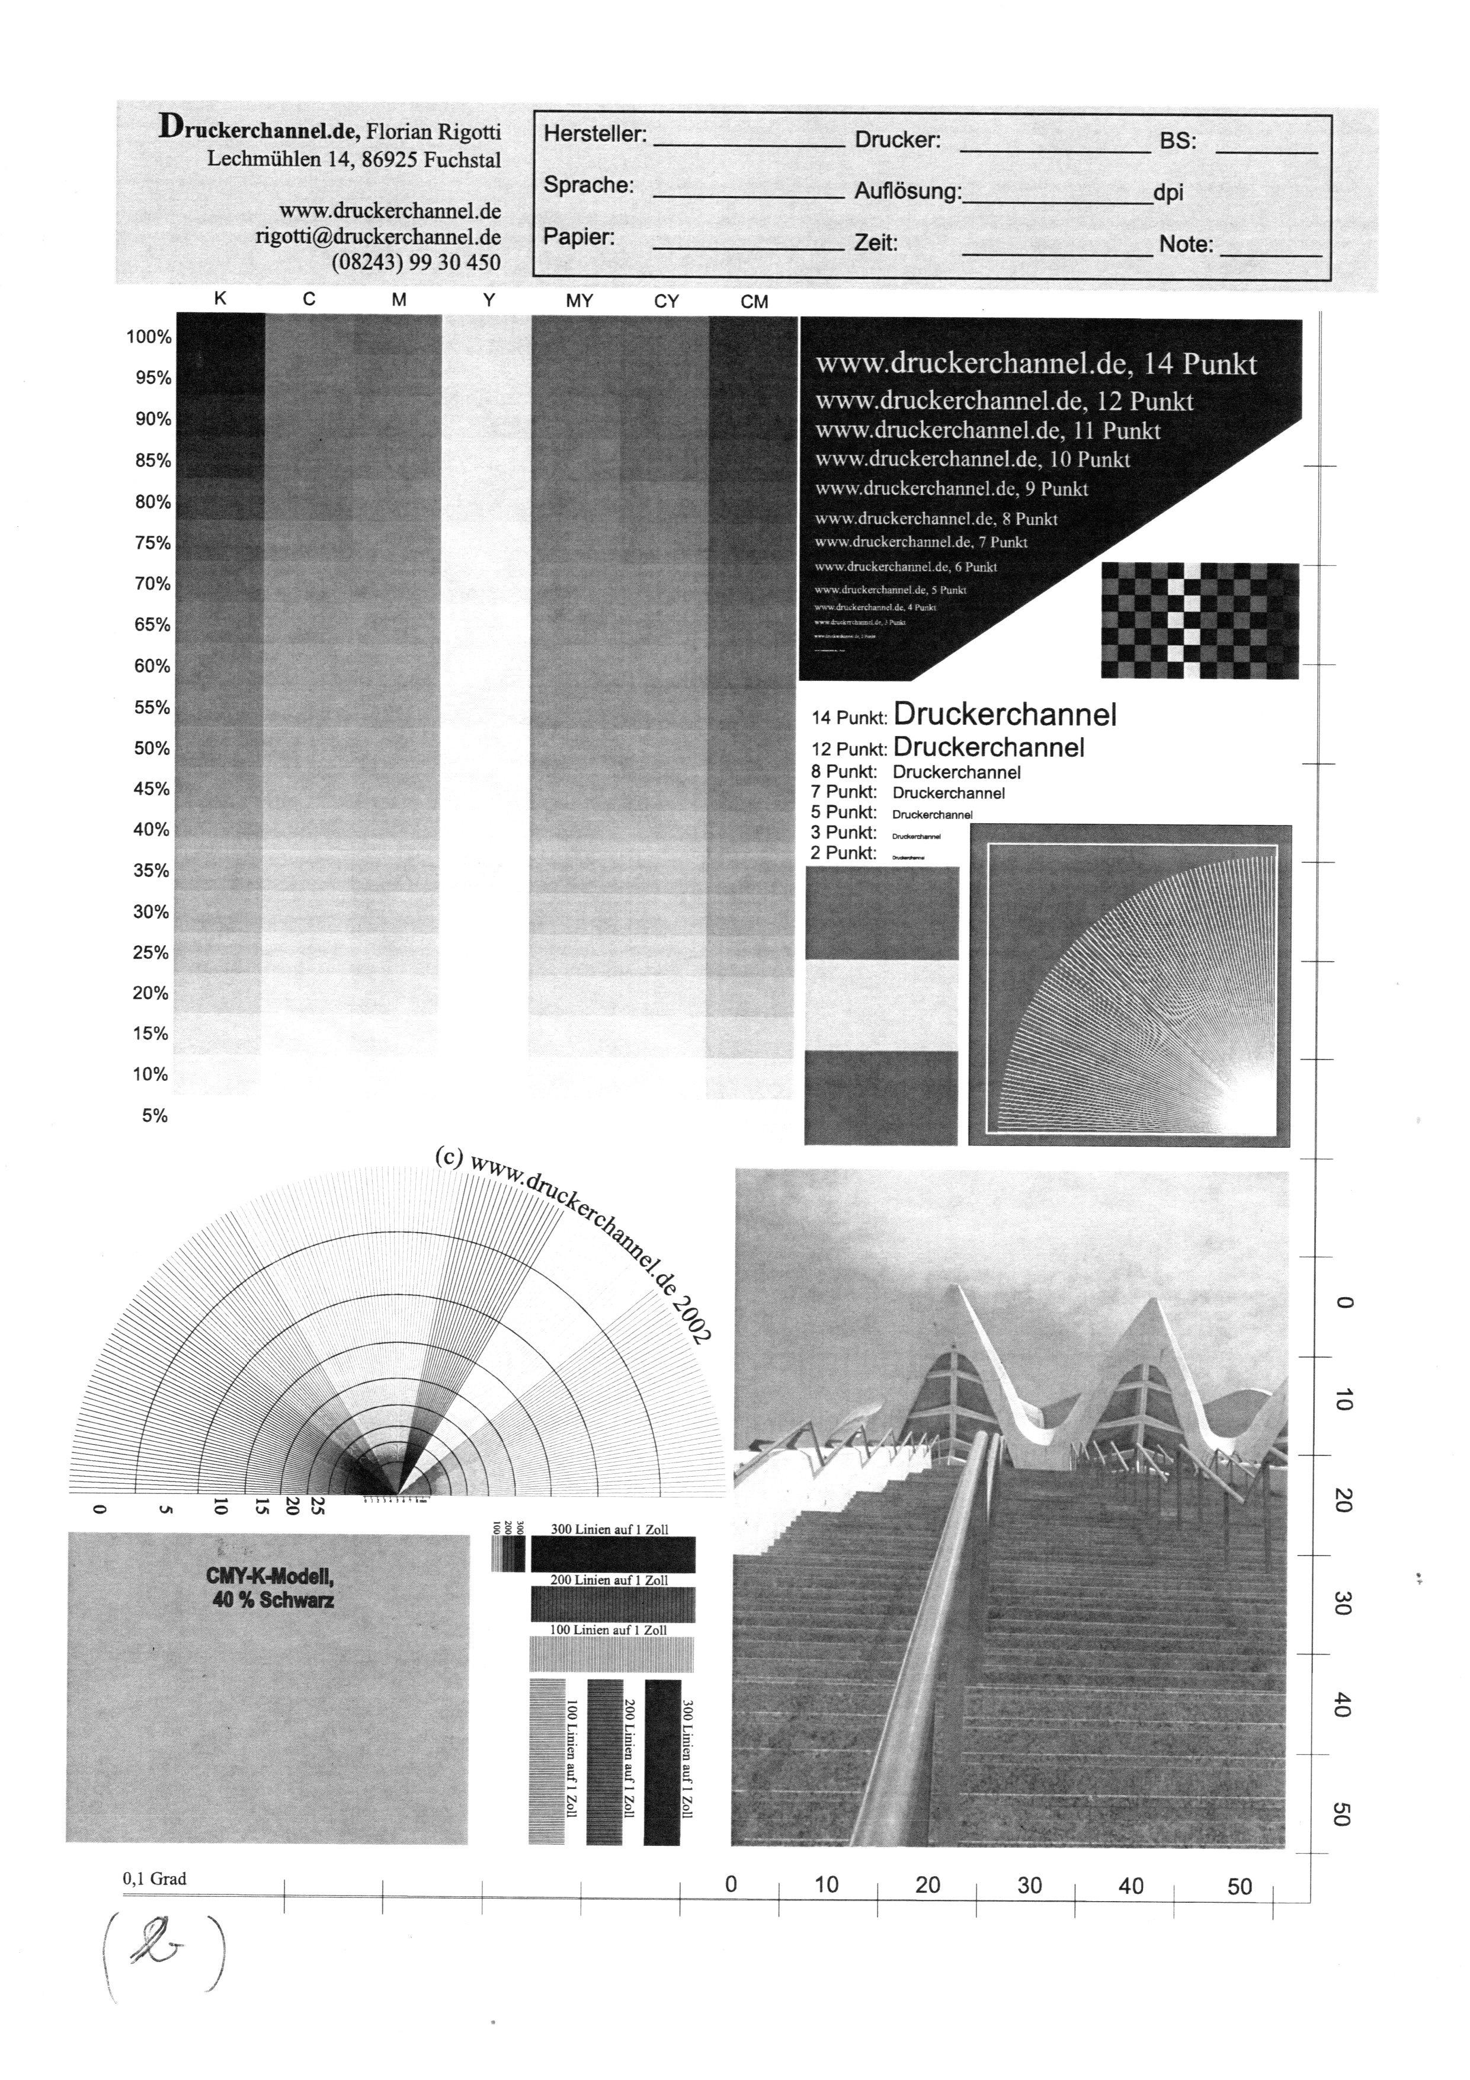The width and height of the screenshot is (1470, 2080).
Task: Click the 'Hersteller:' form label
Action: point(594,134)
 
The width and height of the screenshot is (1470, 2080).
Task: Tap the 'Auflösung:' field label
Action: point(907,192)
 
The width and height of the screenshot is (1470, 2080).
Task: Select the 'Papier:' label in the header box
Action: point(579,238)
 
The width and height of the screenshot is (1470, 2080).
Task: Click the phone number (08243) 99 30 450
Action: point(416,263)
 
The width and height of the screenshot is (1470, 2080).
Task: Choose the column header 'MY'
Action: point(579,302)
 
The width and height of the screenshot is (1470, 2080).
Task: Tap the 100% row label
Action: point(149,337)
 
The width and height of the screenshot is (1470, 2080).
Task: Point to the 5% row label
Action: point(155,1116)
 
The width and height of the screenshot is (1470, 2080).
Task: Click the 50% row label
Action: point(152,748)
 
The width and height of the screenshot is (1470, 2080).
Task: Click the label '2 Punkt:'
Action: point(843,853)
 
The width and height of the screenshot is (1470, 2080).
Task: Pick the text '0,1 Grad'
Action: point(155,1879)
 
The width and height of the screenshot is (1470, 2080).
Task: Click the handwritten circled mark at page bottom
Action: point(163,1950)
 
